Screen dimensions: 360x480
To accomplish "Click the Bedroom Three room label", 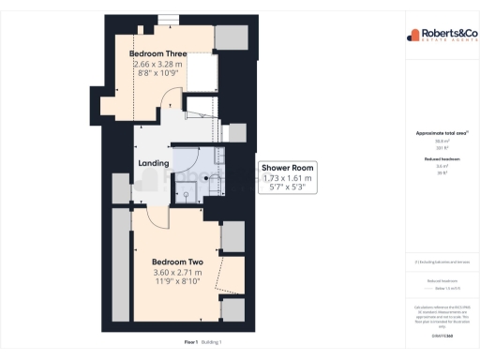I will [157, 53].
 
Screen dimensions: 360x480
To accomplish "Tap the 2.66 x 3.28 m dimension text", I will [157, 64].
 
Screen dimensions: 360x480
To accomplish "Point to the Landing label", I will [154, 163].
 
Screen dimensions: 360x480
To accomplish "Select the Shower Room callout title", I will [289, 168].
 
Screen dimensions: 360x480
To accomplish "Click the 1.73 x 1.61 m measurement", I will [289, 178].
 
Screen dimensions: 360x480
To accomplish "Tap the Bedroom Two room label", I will [179, 262].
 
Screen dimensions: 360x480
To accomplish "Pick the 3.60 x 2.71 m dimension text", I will [179, 273].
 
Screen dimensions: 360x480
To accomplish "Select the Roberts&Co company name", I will [443, 32].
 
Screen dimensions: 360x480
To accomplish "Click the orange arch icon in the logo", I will [412, 36].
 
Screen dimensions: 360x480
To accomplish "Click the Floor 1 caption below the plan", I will [191, 343].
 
